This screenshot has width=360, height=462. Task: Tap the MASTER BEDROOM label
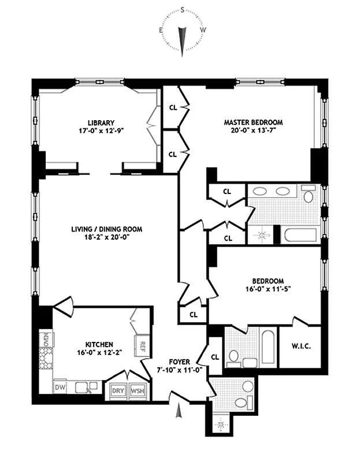click(253, 122)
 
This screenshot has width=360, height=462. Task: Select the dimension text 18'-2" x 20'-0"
click(107, 237)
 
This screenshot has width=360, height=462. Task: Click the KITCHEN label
click(99, 344)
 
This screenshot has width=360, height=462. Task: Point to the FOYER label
click(179, 362)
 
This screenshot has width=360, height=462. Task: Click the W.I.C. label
click(301, 346)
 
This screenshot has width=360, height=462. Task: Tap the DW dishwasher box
click(60, 388)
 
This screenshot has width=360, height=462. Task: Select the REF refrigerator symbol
click(142, 345)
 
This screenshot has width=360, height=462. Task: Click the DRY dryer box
click(118, 391)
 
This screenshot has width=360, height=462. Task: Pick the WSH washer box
click(138, 391)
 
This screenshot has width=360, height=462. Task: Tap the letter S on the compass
click(183, 10)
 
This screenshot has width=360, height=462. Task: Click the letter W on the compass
click(203, 30)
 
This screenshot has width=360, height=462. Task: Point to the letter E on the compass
click(161, 30)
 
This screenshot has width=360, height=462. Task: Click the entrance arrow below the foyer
click(179, 411)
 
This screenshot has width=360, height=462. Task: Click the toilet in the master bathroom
click(308, 194)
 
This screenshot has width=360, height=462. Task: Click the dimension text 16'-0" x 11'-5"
click(268, 289)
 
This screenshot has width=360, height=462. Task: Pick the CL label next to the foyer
click(215, 357)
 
